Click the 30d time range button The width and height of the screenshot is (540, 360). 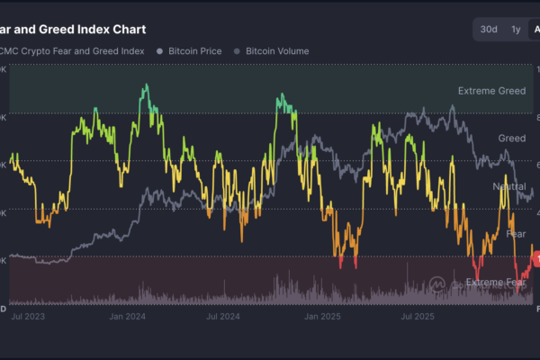click(x=489, y=30)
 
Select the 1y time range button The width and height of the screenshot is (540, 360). click(x=516, y=30)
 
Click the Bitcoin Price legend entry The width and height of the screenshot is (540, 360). click(x=194, y=51)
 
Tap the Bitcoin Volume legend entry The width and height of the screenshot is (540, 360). click(x=277, y=51)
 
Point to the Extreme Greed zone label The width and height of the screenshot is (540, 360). click(x=491, y=91)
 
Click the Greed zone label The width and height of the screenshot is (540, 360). click(x=512, y=139)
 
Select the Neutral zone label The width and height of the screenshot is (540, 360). click(x=509, y=186)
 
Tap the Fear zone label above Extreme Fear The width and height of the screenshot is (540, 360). click(x=517, y=234)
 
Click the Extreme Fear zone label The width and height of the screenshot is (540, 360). click(x=496, y=283)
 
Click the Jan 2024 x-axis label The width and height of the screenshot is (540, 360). click(x=127, y=317)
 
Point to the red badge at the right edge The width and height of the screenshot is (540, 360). click(x=535, y=257)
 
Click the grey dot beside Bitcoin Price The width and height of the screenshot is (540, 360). click(x=160, y=51)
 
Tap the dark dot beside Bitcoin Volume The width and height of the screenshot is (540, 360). click(x=238, y=51)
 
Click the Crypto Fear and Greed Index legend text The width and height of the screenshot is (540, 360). click(x=73, y=51)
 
